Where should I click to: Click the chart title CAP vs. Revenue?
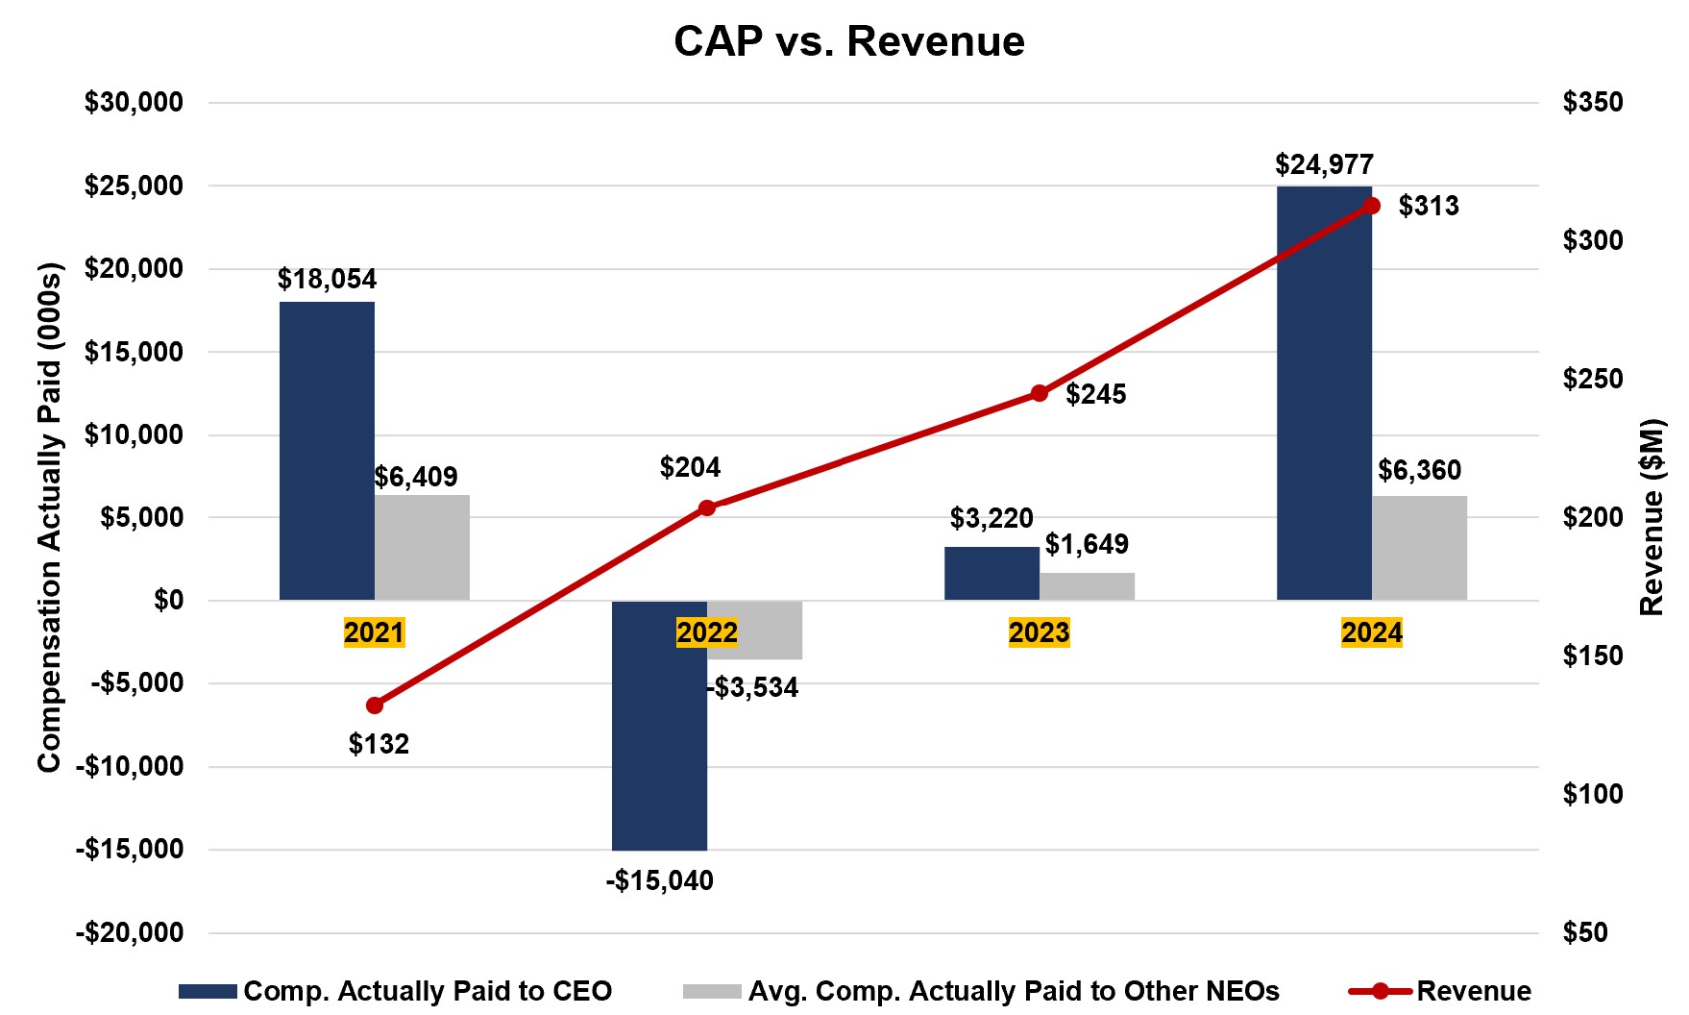coord(849,42)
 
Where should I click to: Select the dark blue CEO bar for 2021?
coord(327,451)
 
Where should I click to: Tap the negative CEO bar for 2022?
coord(659,726)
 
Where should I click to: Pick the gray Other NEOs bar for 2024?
coord(1419,548)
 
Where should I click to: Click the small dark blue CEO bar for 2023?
coord(991,574)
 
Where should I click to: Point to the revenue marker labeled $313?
coord(1372,206)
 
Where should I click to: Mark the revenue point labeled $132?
coord(375,706)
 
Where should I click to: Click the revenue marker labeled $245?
coord(1039,393)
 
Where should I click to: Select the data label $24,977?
coord(1324,165)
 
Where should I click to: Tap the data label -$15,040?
coord(659,880)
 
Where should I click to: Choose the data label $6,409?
coord(416,477)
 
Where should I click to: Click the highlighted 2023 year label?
coord(1039,632)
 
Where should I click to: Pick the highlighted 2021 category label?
coord(375,632)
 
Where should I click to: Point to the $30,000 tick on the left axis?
coord(134,103)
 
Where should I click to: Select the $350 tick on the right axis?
coord(1592,103)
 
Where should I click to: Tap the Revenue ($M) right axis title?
coord(1652,517)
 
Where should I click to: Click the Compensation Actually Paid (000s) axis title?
coord(49,517)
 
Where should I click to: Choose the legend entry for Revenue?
coord(1440,991)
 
